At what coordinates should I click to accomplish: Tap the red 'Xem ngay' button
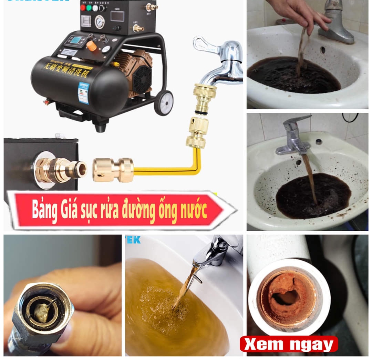(289, 344)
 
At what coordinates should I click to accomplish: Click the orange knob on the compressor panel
(91, 46)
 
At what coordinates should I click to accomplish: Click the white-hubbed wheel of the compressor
(164, 103)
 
